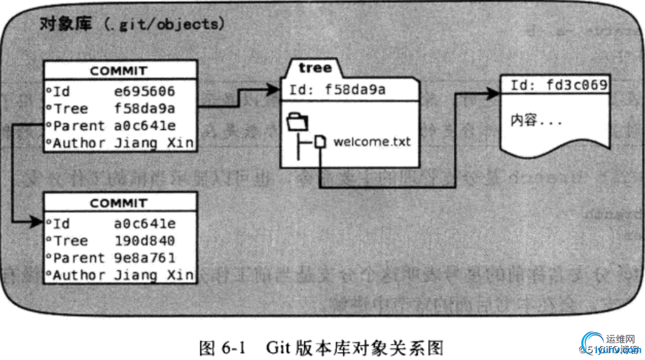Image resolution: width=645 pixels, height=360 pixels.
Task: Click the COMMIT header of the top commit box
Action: pyautogui.click(x=119, y=71)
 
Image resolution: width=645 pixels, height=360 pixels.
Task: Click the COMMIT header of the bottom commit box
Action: pyautogui.click(x=119, y=203)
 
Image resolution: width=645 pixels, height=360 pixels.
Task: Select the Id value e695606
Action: pyautogui.click(x=145, y=92)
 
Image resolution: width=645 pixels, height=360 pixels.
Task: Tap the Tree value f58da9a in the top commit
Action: pyautogui.click(x=145, y=109)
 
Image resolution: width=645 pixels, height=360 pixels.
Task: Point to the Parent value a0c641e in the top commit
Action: pyautogui.click(x=145, y=126)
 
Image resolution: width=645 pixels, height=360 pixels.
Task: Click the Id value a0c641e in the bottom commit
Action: pyautogui.click(x=145, y=223)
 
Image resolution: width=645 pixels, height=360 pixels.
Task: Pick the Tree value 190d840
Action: pyautogui.click(x=145, y=241)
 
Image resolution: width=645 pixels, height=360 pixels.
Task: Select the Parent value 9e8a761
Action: pyautogui.click(x=145, y=258)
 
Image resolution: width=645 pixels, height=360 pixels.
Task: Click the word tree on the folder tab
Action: pyautogui.click(x=315, y=67)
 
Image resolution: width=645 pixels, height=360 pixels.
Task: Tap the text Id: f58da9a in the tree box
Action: pyautogui.click(x=337, y=90)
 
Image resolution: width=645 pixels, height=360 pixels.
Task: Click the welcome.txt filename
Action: pyautogui.click(x=372, y=142)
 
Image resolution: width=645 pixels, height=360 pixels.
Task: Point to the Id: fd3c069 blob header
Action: pyautogui.click(x=558, y=85)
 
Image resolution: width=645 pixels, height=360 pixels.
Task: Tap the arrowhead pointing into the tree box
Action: pyautogui.click(x=273, y=90)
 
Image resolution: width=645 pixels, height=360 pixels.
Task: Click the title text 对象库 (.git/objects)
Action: pyautogui.click(x=130, y=24)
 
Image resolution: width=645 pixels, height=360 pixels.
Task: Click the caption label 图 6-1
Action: pyautogui.click(x=222, y=347)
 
